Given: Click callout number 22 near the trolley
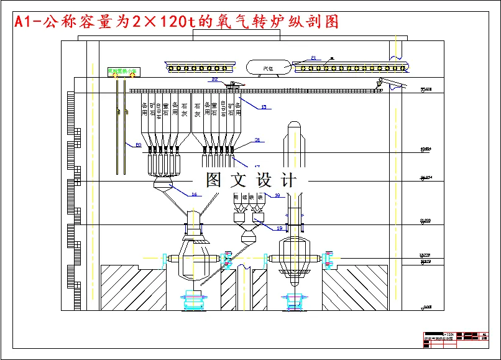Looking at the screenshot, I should point(214,80).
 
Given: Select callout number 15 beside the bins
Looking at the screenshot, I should point(263,108).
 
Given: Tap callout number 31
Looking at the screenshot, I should point(257,140).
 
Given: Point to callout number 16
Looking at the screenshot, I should point(194,195).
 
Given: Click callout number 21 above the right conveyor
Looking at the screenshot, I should point(313,58).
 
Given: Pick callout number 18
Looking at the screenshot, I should point(277,195).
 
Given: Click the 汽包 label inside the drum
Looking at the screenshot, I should point(269,67).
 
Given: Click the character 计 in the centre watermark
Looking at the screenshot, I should point(289,180).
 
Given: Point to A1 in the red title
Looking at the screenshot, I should point(22,23).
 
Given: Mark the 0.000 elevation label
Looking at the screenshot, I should point(426,307).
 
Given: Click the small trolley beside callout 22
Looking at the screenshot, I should point(234,84).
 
